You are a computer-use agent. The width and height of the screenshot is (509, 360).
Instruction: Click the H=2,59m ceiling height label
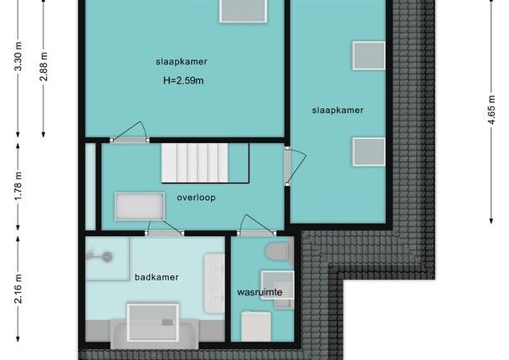[183, 80]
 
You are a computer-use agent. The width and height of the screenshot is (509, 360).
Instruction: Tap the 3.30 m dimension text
[18, 56]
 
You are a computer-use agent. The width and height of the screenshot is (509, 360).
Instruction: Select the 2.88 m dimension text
[44, 66]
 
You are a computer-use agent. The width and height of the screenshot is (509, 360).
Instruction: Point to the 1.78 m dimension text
[18, 187]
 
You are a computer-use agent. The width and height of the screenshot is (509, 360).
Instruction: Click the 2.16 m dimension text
[18, 289]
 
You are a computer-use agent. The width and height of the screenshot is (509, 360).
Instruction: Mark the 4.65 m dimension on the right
[491, 110]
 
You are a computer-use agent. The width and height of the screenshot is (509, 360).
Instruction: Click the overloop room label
[196, 198]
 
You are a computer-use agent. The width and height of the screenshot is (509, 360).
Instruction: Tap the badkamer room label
[157, 277]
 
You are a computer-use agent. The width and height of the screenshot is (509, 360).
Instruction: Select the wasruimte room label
[260, 292]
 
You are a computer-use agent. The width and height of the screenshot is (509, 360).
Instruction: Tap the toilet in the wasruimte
[279, 251]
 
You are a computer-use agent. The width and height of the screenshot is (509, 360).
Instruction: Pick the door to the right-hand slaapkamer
[294, 167]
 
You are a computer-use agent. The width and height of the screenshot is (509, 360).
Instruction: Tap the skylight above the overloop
[140, 207]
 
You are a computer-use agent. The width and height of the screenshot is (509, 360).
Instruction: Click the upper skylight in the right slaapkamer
[369, 55]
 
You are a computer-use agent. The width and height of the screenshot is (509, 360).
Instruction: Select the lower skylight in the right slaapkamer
[369, 152]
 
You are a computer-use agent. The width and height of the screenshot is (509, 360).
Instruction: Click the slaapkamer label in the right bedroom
[337, 110]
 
